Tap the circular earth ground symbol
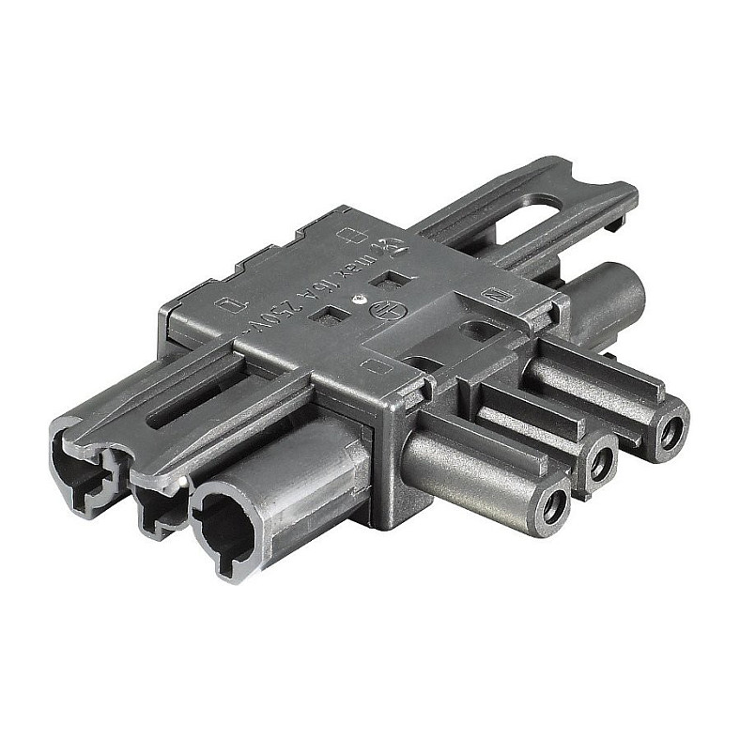tap(382, 307)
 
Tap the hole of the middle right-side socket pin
tap(600, 461)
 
